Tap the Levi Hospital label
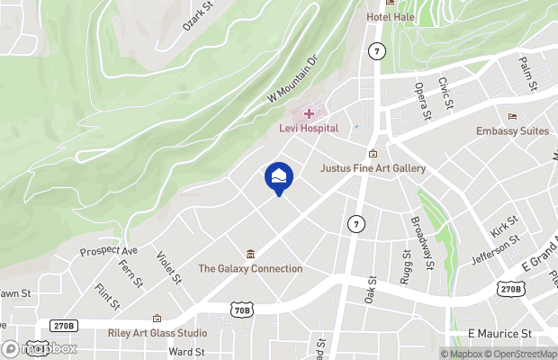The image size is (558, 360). [308, 129]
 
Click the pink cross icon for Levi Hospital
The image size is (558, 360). [309, 113]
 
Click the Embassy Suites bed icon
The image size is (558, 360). [513, 116]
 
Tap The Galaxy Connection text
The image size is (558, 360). [250, 268]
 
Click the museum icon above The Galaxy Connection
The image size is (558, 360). [250, 253]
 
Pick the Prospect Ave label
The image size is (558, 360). [109, 249]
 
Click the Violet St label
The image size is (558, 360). [168, 267]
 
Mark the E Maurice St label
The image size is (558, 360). [500, 333]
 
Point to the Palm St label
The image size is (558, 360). [527, 73]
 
